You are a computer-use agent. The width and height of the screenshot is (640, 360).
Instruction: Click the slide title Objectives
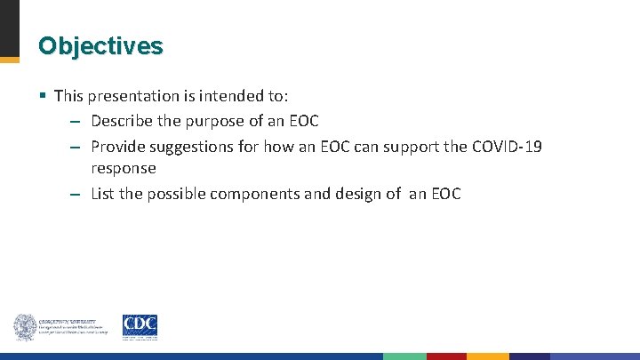pos(100,45)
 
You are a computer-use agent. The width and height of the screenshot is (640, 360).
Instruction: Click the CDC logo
pos(140,327)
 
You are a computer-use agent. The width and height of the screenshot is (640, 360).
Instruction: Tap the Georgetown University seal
pos(24,327)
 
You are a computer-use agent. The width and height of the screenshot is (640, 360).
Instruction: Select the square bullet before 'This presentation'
pos(42,95)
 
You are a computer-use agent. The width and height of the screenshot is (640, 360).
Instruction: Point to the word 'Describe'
pos(122,120)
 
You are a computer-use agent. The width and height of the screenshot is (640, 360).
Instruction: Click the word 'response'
pos(124,168)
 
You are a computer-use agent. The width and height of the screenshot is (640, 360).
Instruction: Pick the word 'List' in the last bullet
pos(103,194)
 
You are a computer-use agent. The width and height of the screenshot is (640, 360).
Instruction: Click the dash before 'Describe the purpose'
pos(75,121)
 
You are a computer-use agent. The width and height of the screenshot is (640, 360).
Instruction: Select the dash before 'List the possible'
pos(75,195)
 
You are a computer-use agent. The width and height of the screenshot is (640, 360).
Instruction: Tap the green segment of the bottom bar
pos(404,356)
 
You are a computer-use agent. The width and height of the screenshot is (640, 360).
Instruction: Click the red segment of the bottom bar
pos(446,356)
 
